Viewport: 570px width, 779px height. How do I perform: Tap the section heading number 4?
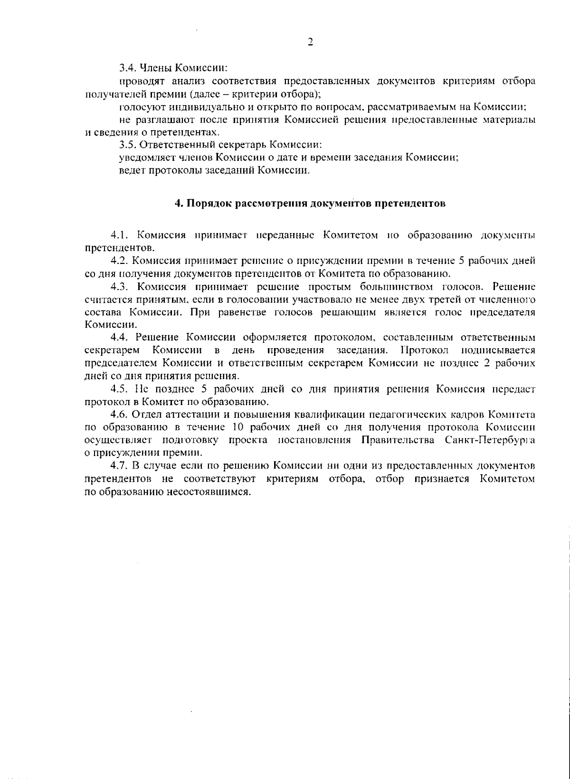click(x=178, y=204)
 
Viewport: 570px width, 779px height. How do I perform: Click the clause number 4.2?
click(x=119, y=261)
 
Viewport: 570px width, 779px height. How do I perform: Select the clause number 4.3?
click(x=119, y=286)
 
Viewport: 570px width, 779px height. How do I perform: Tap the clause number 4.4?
click(x=119, y=338)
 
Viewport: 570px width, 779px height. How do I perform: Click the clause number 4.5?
click(x=119, y=389)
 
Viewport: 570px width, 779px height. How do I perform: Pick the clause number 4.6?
click(x=119, y=414)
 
